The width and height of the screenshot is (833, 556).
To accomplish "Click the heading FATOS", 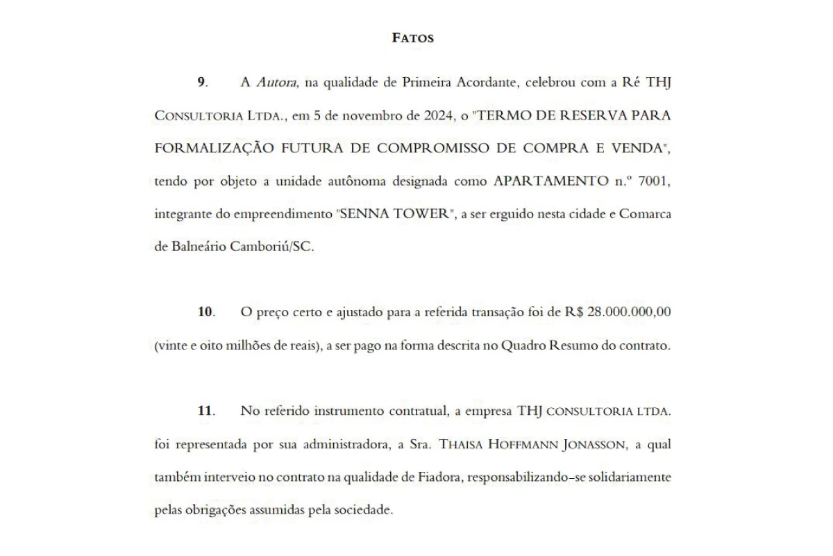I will tap(413, 38).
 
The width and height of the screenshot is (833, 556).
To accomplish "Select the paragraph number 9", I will tap(201, 82).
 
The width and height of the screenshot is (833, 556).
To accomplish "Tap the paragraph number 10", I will tap(205, 312).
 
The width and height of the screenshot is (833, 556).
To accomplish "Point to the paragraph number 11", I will tap(205, 411).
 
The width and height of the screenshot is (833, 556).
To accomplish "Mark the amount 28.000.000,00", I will tap(629, 312).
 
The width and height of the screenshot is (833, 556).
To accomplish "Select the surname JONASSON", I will tap(593, 444).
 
